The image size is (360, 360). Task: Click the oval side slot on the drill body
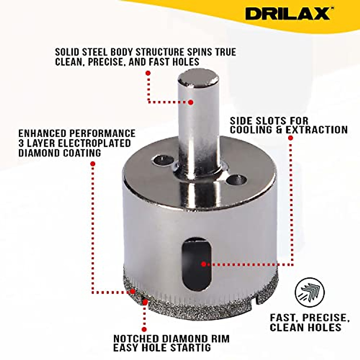196,264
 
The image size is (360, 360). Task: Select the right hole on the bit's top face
236,180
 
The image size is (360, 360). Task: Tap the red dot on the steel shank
190,102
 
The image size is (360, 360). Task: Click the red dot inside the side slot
204,264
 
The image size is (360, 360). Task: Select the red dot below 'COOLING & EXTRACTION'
290,138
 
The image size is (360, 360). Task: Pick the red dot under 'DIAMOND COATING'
93,164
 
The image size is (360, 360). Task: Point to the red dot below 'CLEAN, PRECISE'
148,73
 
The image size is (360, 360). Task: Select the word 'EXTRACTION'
316,130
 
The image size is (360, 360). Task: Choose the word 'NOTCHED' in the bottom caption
136,339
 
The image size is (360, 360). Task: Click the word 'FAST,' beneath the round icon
284,318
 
